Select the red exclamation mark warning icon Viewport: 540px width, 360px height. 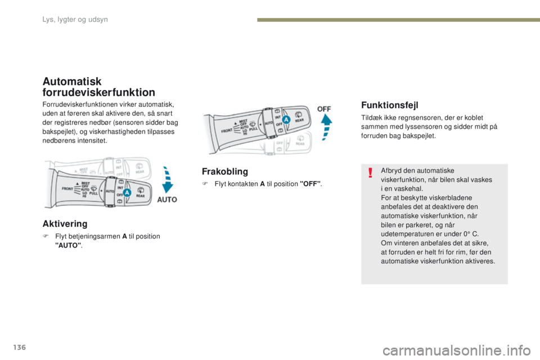coord(371,172)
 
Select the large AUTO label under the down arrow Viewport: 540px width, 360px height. coord(167,199)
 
